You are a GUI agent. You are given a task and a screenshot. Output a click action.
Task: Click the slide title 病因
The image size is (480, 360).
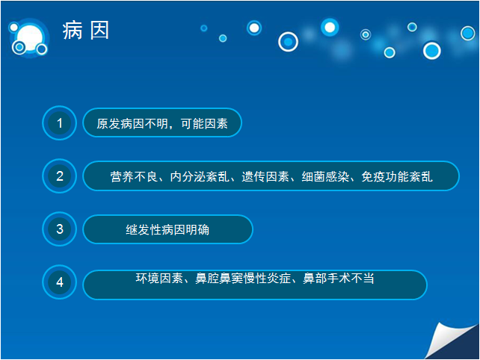click(86, 31)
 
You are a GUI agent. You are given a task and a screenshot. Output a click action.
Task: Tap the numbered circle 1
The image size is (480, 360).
click(59, 123)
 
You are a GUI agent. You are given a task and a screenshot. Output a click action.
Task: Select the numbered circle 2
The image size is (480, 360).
click(59, 176)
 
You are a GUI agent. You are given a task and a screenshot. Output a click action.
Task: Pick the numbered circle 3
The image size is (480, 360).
click(59, 229)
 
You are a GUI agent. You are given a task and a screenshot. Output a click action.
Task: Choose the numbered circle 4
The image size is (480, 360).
click(59, 282)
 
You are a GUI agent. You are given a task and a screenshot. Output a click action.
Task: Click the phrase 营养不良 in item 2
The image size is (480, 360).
click(134, 177)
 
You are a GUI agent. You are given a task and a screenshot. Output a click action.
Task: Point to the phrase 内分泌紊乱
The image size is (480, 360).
click(200, 177)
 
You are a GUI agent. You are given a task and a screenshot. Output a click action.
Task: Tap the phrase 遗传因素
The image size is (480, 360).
click(265, 177)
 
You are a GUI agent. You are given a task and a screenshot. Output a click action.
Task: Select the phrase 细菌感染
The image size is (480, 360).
click(325, 177)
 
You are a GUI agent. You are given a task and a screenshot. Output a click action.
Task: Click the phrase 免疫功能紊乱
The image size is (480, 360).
click(397, 177)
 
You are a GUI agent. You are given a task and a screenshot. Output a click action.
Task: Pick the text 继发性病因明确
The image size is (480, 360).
click(167, 230)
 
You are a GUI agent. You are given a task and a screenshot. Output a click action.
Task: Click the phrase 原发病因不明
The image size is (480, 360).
click(132, 123)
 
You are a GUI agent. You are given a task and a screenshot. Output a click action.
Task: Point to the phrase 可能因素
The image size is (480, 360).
click(204, 123)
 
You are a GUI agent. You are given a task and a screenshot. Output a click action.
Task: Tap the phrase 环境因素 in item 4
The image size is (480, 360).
click(159, 279)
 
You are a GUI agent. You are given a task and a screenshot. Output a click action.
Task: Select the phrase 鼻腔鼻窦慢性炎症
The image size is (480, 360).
click(243, 279)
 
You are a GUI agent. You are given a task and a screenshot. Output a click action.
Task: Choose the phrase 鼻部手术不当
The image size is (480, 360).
click(338, 279)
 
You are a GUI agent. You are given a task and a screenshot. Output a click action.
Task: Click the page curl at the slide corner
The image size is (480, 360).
click(450, 341)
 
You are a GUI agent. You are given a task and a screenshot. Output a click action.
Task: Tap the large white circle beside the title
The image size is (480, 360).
click(30, 37)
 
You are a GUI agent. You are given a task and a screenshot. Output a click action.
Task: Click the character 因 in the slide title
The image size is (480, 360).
click(99, 31)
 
